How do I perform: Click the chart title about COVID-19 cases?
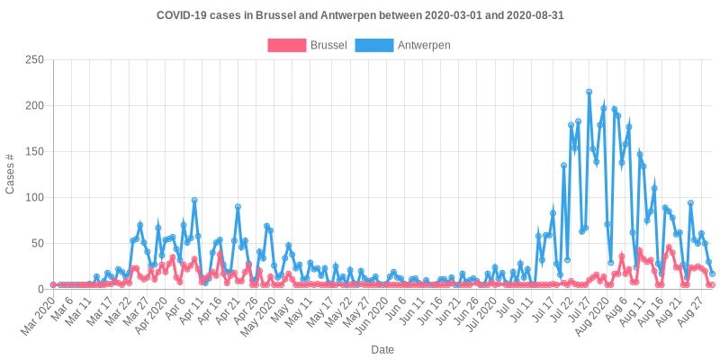[x=360, y=16]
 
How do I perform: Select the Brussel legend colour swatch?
[x=287, y=44]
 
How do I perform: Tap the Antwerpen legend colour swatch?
[x=375, y=44]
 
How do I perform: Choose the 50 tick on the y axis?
[x=37, y=243]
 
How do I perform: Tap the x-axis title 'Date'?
[x=382, y=349]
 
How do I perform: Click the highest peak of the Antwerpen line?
[x=589, y=91]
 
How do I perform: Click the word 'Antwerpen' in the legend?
[x=423, y=44]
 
